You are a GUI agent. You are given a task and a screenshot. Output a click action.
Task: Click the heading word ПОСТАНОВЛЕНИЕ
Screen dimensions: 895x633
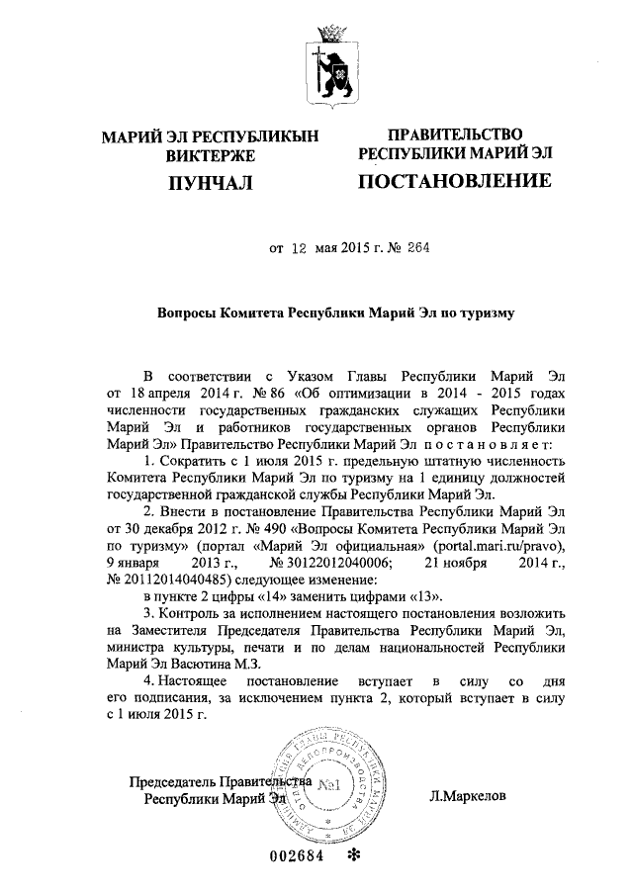pyautogui.click(x=453, y=182)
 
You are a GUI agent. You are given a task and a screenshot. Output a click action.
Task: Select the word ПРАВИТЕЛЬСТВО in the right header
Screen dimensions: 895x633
pyautogui.click(x=453, y=134)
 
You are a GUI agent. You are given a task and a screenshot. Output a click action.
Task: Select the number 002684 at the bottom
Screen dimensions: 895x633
pyautogui.click(x=297, y=856)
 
